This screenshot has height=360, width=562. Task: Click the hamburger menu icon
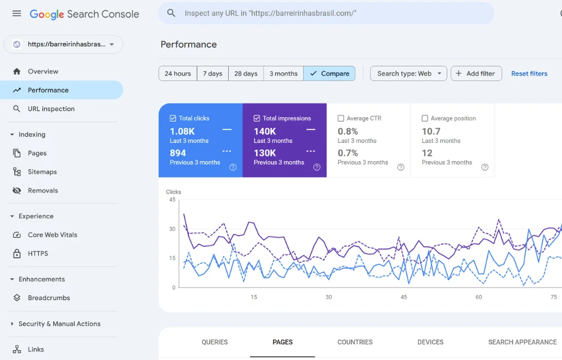pyautogui.click(x=17, y=13)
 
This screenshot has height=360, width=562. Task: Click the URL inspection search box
pyautogui.click(x=326, y=13)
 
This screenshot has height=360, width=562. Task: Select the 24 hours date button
pyautogui.click(x=178, y=74)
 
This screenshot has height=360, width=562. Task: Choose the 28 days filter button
pyautogui.click(x=246, y=74)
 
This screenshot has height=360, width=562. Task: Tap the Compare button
pyautogui.click(x=329, y=74)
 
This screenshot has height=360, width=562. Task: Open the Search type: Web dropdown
pyautogui.click(x=409, y=74)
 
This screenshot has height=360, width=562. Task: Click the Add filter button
pyautogui.click(x=476, y=74)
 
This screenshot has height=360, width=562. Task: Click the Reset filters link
pyautogui.click(x=529, y=74)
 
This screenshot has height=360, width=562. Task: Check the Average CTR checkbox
pyautogui.click(x=341, y=119)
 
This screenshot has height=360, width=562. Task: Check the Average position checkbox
pyautogui.click(x=425, y=119)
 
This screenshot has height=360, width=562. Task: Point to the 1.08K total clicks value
pyautogui.click(x=182, y=131)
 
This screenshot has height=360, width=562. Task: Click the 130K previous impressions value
pyautogui.click(x=265, y=153)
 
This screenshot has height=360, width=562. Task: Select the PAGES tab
pyautogui.click(x=283, y=342)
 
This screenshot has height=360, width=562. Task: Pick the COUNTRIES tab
pyautogui.click(x=355, y=342)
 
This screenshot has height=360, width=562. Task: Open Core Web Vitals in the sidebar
pyautogui.click(x=52, y=235)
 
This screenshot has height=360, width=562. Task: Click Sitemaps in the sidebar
pyautogui.click(x=42, y=172)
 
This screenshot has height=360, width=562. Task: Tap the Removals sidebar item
pyautogui.click(x=43, y=191)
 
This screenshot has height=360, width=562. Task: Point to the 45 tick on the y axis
pyautogui.click(x=172, y=200)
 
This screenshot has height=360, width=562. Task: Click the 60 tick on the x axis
pyautogui.click(x=479, y=297)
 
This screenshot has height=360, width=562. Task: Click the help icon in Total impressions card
pyautogui.click(x=317, y=167)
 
